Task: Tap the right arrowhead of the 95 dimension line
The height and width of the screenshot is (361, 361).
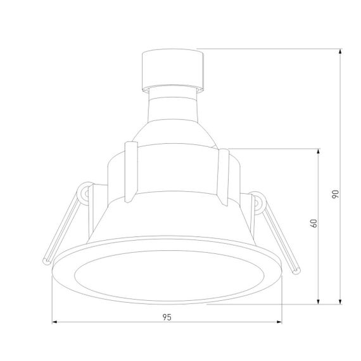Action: (x=279, y=322)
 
